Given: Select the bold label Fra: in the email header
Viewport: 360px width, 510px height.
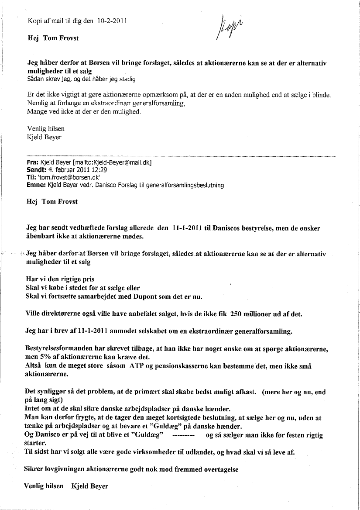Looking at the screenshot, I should pyautogui.click(x=32, y=162).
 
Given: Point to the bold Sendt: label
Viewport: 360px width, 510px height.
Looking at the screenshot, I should pyautogui.click(x=35, y=170).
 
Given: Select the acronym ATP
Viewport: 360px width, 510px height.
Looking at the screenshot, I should pyautogui.click(x=136, y=365).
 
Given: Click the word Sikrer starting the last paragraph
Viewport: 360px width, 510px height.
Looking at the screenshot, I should pyautogui.click(x=37, y=469).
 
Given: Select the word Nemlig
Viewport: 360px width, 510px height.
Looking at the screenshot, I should pyautogui.click(x=37, y=103).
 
